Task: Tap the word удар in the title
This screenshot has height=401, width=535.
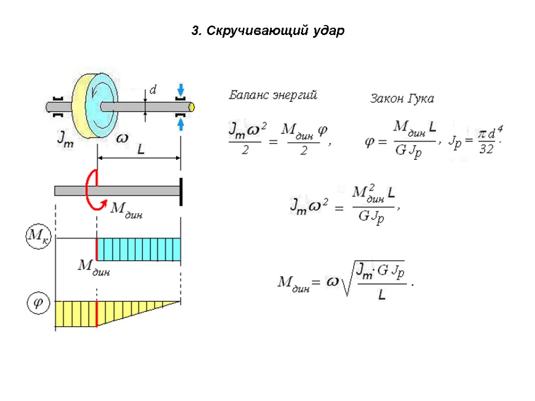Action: [329, 31]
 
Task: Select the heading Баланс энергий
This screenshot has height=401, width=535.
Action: [273, 96]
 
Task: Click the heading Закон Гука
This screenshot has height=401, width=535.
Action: [402, 98]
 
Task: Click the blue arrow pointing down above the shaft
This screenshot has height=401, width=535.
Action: [181, 89]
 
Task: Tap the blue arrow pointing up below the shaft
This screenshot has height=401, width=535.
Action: [181, 124]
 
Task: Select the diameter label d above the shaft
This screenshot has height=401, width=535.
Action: [153, 90]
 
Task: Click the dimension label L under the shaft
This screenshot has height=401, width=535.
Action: [141, 150]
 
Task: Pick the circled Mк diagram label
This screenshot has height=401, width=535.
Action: [36, 238]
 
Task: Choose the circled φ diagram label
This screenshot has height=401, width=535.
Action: [38, 303]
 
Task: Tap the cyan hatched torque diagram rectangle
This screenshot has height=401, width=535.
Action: [139, 249]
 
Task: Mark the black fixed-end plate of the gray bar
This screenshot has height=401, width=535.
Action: [181, 191]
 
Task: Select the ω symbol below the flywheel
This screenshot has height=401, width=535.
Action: [122, 138]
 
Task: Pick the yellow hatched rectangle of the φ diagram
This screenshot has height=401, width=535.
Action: [76, 313]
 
